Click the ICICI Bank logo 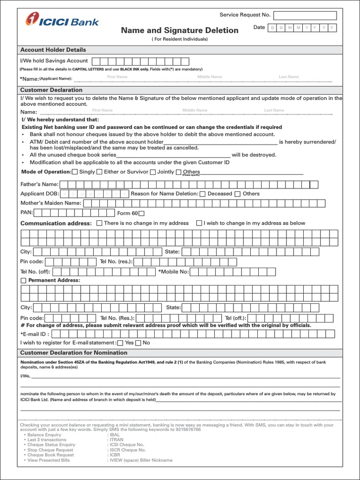(x=62, y=21)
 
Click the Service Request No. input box (x=305, y=15)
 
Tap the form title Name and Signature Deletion (x=180, y=30)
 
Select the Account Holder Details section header (x=53, y=50)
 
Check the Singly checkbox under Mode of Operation (x=75, y=172)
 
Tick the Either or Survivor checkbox (x=99, y=172)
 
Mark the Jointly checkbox (x=153, y=172)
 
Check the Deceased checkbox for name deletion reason (x=202, y=194)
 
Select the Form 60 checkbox (x=148, y=213)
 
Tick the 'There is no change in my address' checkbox (x=99, y=224)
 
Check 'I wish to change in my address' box (x=199, y=224)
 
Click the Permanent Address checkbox (x=23, y=280)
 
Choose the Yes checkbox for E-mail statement (x=120, y=343)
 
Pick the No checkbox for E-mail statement (x=138, y=343)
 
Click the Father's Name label (x=39, y=184)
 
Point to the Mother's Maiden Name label (x=51, y=203)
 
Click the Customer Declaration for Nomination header (x=74, y=352)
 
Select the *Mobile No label (x=173, y=271)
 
